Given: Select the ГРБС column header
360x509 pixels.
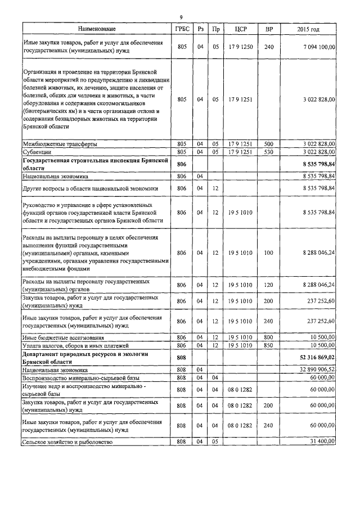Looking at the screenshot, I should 181,28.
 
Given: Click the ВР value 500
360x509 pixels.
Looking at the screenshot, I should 268,144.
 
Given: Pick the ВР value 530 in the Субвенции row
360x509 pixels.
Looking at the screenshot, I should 268,152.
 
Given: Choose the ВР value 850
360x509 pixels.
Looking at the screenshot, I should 268,344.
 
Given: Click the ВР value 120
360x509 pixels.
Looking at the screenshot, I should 268,285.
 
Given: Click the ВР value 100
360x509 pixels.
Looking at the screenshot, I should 268,253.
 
